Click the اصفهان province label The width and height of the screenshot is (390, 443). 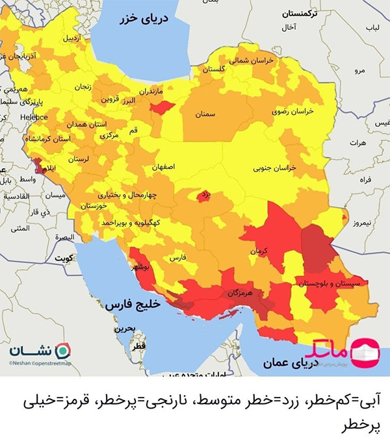pos(165,167)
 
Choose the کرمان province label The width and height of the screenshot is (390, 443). pos(263,250)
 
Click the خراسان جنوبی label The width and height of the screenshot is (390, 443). pos(274,168)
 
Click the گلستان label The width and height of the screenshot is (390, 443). pos(214,69)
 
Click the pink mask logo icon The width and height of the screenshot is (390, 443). pos(365,351)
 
